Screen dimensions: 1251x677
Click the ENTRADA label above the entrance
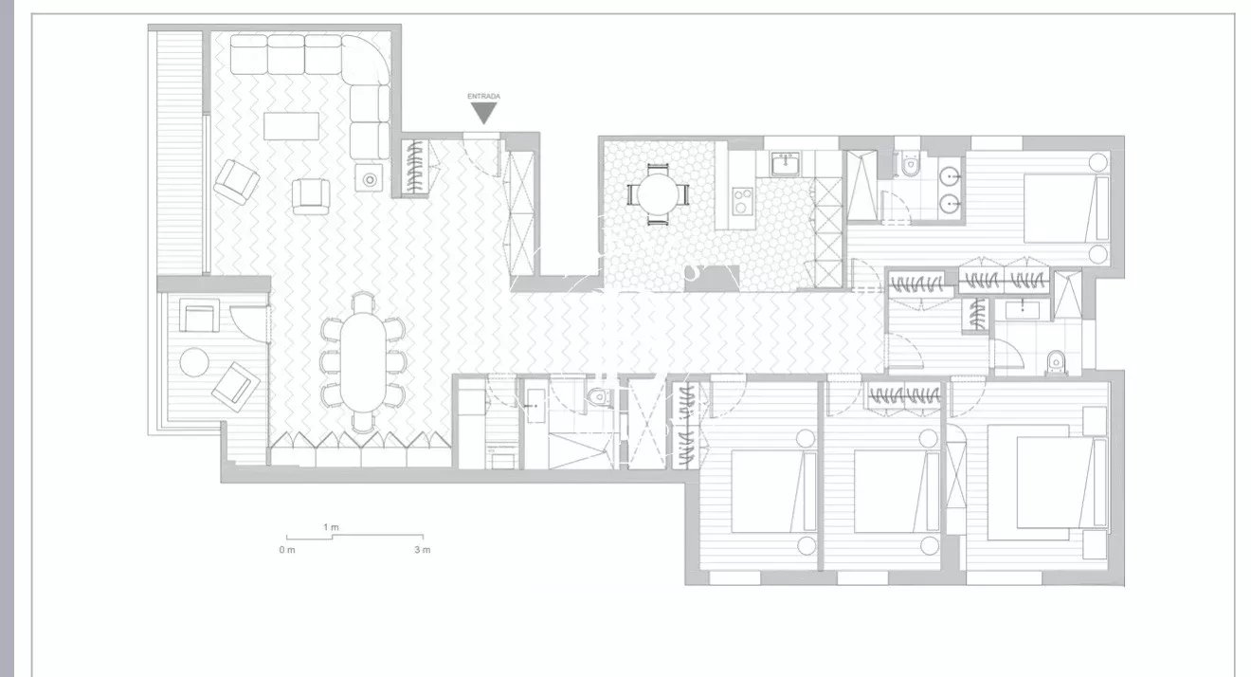483,96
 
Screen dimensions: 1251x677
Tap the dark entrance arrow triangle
483,112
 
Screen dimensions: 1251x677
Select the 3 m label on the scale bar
423,550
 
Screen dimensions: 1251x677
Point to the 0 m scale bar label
287,550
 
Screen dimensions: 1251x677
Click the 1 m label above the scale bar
331,527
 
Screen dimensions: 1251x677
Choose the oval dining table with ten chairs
362,362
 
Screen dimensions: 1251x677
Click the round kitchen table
658,194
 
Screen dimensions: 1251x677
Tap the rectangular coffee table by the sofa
292,126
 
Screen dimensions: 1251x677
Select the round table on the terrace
194,362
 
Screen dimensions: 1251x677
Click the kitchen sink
787,164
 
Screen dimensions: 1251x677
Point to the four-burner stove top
742,201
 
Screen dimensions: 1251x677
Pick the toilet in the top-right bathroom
910,164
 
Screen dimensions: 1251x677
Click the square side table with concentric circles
369,178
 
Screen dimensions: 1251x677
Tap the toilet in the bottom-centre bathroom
598,396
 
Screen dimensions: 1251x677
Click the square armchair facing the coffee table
311,196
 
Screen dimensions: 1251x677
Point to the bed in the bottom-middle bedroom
897,490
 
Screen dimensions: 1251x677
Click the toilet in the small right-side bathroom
1056,361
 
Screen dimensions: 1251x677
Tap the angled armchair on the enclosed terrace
236,387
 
